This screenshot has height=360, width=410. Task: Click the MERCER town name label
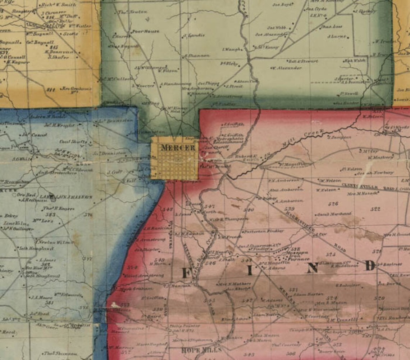click(173, 148)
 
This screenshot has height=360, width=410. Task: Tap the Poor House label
click(145, 31)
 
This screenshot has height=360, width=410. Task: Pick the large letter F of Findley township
click(186, 273)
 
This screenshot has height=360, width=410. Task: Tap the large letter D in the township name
click(369, 266)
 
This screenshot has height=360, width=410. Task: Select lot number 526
click(333, 204)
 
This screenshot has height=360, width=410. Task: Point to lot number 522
click(375, 209)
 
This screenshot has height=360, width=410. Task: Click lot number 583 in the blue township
click(50, 215)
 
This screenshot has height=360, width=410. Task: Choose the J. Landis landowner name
click(194, 35)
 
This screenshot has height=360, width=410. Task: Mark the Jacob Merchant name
click(334, 214)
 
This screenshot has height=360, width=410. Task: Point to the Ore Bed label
click(25, 195)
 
